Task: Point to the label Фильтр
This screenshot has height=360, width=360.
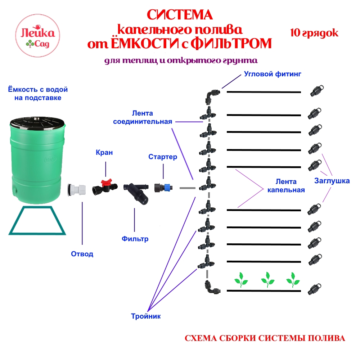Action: [135, 239]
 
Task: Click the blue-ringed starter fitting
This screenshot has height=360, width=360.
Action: [164, 188]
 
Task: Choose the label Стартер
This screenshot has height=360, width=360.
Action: [163, 157]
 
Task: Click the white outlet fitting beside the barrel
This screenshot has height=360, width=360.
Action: [77, 189]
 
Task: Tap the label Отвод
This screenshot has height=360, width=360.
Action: [82, 254]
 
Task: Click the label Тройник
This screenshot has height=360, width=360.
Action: [145, 316]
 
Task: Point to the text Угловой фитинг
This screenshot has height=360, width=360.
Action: [272, 74]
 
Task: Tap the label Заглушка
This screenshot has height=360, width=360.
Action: [332, 181]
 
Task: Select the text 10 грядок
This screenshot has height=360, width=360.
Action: [314, 33]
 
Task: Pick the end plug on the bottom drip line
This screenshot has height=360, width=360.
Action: [314, 290]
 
